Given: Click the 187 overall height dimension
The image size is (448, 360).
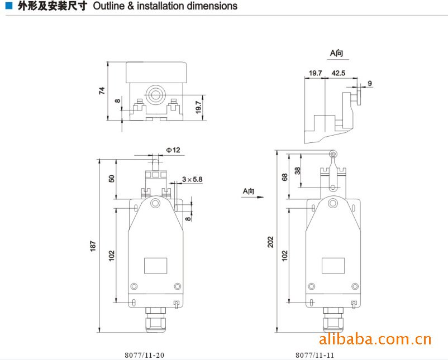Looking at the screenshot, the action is (x=93, y=246).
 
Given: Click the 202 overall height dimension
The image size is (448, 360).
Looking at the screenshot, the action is (x=270, y=242).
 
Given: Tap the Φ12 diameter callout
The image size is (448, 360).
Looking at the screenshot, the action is (x=173, y=150).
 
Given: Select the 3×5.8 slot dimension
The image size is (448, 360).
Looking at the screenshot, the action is (x=192, y=179).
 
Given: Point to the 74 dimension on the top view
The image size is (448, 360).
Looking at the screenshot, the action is (x=102, y=91).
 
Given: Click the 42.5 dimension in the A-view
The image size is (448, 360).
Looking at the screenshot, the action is (x=339, y=73).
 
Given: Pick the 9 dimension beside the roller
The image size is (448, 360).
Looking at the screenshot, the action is (x=370, y=83).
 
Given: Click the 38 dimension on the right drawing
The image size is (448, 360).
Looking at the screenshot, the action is (x=297, y=171).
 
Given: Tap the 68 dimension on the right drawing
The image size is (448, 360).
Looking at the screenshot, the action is (x=284, y=177).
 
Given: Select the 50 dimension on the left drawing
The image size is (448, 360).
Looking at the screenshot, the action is (x=111, y=179).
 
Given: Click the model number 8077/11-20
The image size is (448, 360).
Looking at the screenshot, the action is (x=144, y=355).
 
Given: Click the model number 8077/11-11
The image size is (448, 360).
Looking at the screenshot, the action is (x=314, y=355).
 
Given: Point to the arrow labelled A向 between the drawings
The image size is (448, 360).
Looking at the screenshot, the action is (x=252, y=196).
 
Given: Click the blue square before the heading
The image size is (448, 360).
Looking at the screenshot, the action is (x=9, y=6).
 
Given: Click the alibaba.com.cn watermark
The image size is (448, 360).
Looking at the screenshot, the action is (x=375, y=339).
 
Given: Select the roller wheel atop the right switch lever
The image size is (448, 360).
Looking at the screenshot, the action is (x=333, y=154).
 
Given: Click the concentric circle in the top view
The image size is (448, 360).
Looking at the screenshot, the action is (x=155, y=94).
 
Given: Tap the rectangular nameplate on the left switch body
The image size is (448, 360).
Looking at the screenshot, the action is (x=155, y=266).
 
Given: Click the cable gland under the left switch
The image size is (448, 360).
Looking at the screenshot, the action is (x=156, y=320).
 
